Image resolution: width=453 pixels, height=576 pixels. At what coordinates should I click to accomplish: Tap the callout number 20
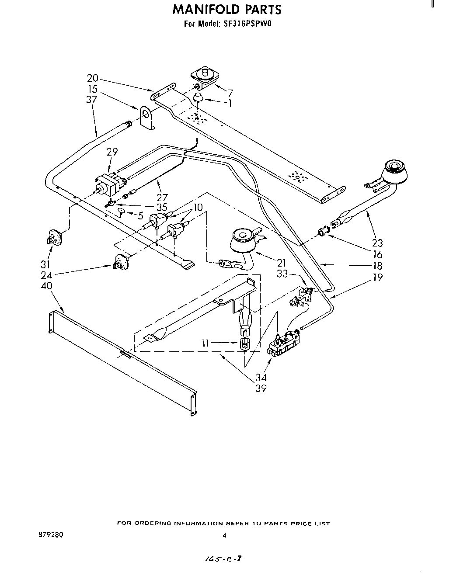93,78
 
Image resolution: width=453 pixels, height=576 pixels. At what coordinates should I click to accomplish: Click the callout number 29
112,152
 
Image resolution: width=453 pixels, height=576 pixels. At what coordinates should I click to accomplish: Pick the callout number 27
162,197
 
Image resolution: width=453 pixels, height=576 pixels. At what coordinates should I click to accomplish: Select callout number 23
377,243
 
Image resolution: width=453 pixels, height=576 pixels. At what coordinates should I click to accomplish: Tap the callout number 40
46,285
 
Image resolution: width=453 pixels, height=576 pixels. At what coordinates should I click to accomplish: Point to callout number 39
261,388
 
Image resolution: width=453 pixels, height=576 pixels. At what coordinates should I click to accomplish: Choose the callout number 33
282,274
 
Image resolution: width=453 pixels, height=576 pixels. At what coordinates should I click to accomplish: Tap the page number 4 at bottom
224,535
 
